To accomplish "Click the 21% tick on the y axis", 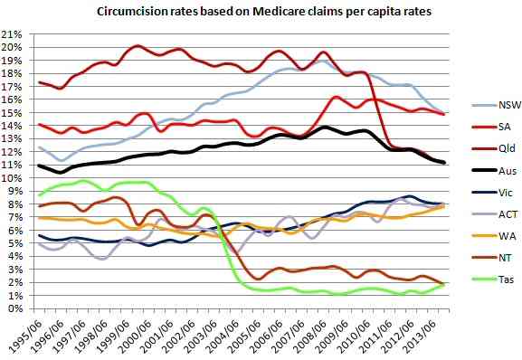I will tap(13, 34).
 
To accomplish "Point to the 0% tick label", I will tap(15, 308).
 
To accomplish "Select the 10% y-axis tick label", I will tap(13, 177).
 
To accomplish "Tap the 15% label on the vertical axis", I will tap(13, 112).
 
